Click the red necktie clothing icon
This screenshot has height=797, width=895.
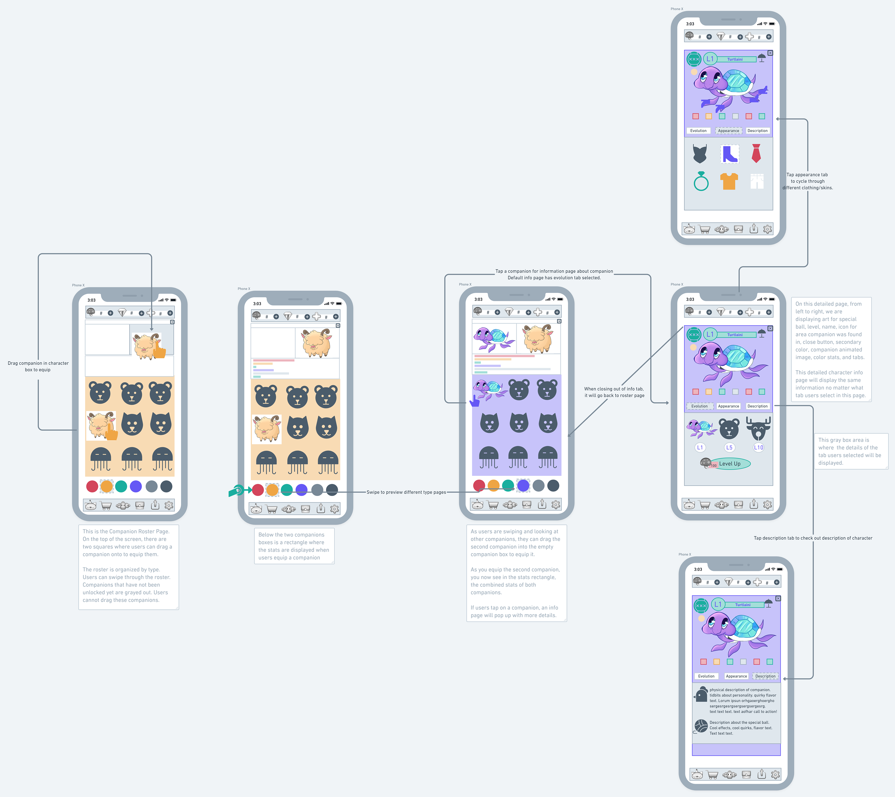tap(756, 153)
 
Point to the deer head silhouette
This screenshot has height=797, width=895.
tap(758, 428)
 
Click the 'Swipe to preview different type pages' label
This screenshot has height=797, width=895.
tap(406, 492)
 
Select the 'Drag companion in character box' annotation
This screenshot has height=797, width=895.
tap(38, 366)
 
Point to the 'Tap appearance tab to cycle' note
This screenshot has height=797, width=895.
tap(807, 181)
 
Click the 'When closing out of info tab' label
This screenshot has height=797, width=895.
tap(614, 392)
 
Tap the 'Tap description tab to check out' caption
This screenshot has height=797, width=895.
tap(812, 538)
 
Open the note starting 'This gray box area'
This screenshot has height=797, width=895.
tap(850, 451)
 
